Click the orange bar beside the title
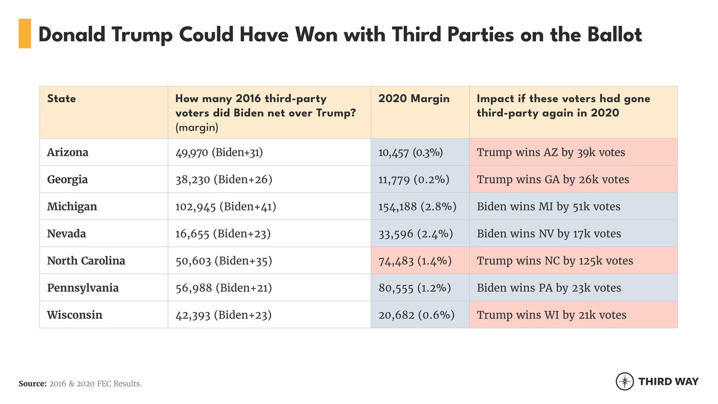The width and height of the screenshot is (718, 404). [x=25, y=34]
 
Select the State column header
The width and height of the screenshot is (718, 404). [x=62, y=99]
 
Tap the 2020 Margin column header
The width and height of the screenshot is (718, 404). [x=414, y=99]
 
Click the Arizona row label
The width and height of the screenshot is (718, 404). [x=67, y=152]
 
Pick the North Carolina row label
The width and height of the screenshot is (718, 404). [x=86, y=261]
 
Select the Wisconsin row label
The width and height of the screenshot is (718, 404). [x=75, y=315]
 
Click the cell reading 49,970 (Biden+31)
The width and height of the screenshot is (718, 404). [x=219, y=152]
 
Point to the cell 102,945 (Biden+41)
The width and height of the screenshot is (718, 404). [x=226, y=207]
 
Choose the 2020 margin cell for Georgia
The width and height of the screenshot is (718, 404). [x=414, y=180]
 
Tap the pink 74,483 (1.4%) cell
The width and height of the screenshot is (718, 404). [x=415, y=261]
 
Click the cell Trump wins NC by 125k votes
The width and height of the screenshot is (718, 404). [x=555, y=261]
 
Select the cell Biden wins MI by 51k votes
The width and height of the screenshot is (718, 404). [x=549, y=207]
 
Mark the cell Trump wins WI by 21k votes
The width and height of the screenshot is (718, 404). [x=552, y=315]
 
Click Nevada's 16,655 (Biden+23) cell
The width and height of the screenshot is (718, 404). [x=223, y=234]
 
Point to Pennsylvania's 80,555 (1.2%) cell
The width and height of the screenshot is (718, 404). [x=415, y=288]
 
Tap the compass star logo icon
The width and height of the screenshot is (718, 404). [x=624, y=382]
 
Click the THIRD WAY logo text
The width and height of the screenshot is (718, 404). [x=669, y=382]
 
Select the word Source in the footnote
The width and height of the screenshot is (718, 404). [x=33, y=384]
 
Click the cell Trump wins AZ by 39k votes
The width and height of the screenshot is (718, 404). [x=551, y=152]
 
